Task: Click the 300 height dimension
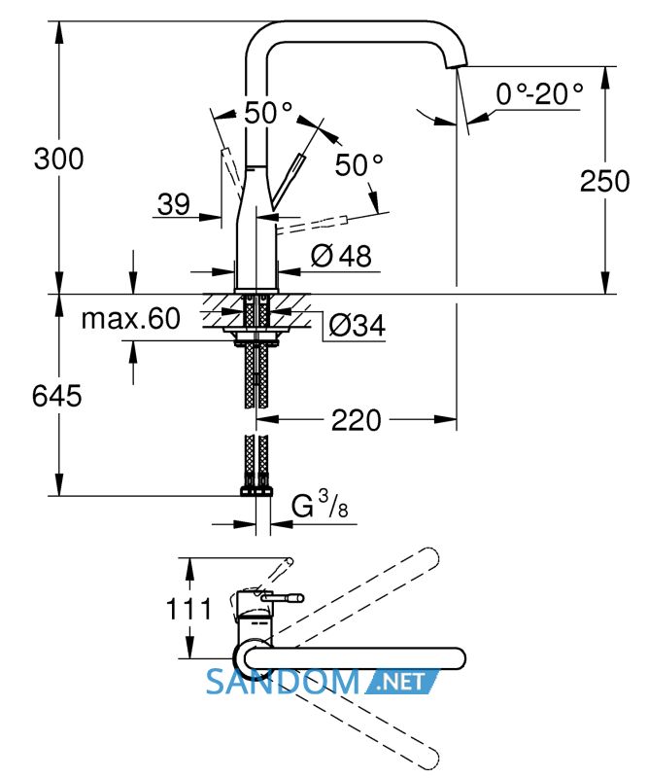coord(58,159)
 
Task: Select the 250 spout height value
coord(604,181)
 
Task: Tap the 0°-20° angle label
coord(539,93)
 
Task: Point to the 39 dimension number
coord(174,204)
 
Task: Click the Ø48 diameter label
coord(341,256)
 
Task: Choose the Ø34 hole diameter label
coord(357,326)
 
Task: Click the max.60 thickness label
coord(131,319)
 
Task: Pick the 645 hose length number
coord(56,396)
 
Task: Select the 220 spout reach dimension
coord(356,420)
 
